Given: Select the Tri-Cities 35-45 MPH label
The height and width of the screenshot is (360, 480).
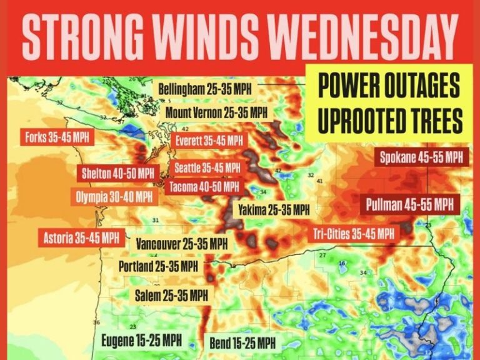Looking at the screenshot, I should coord(354,234).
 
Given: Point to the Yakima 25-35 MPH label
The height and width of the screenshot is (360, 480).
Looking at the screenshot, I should coord(271,210).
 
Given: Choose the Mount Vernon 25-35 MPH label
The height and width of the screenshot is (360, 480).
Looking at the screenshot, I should coord(216,113).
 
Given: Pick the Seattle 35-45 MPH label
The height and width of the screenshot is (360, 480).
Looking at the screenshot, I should coord(207,167).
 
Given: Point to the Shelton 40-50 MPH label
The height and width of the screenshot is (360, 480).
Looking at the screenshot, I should coord(117,173).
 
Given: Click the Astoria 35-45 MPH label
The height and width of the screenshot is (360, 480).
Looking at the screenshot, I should coord(81,237).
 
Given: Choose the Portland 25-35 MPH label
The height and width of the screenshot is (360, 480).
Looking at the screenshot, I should coord(158,266).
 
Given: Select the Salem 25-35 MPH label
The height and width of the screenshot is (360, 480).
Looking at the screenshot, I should coord(171,294).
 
